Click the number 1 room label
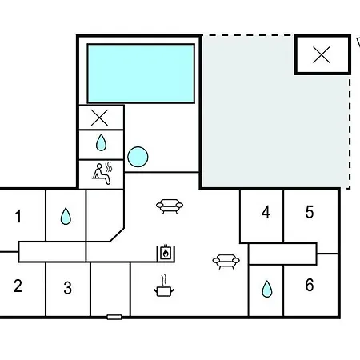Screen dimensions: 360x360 [18, 216]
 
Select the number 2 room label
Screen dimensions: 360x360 [18, 286]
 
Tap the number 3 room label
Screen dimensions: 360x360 [68, 288]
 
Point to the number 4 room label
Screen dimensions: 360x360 [266, 213]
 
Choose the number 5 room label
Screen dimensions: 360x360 [310, 212]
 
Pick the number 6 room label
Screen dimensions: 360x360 [310, 285]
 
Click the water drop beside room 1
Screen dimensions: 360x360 [66, 216]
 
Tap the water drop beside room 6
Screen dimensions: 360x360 [267, 289]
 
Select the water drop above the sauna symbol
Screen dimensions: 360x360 [101, 142]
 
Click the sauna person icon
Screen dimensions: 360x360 [102, 173]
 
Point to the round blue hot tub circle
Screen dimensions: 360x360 [138, 157]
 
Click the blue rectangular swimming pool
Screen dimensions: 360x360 [141, 74]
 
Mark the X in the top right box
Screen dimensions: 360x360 [322, 55]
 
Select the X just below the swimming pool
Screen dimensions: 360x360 [99, 118]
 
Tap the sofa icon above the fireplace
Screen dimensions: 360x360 [170, 206]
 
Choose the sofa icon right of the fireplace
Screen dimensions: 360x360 [226, 262]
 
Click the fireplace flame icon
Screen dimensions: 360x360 [166, 253]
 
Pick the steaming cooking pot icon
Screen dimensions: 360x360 [164, 286]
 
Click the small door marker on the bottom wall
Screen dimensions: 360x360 [114, 317]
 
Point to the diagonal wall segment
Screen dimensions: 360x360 [117, 234]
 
